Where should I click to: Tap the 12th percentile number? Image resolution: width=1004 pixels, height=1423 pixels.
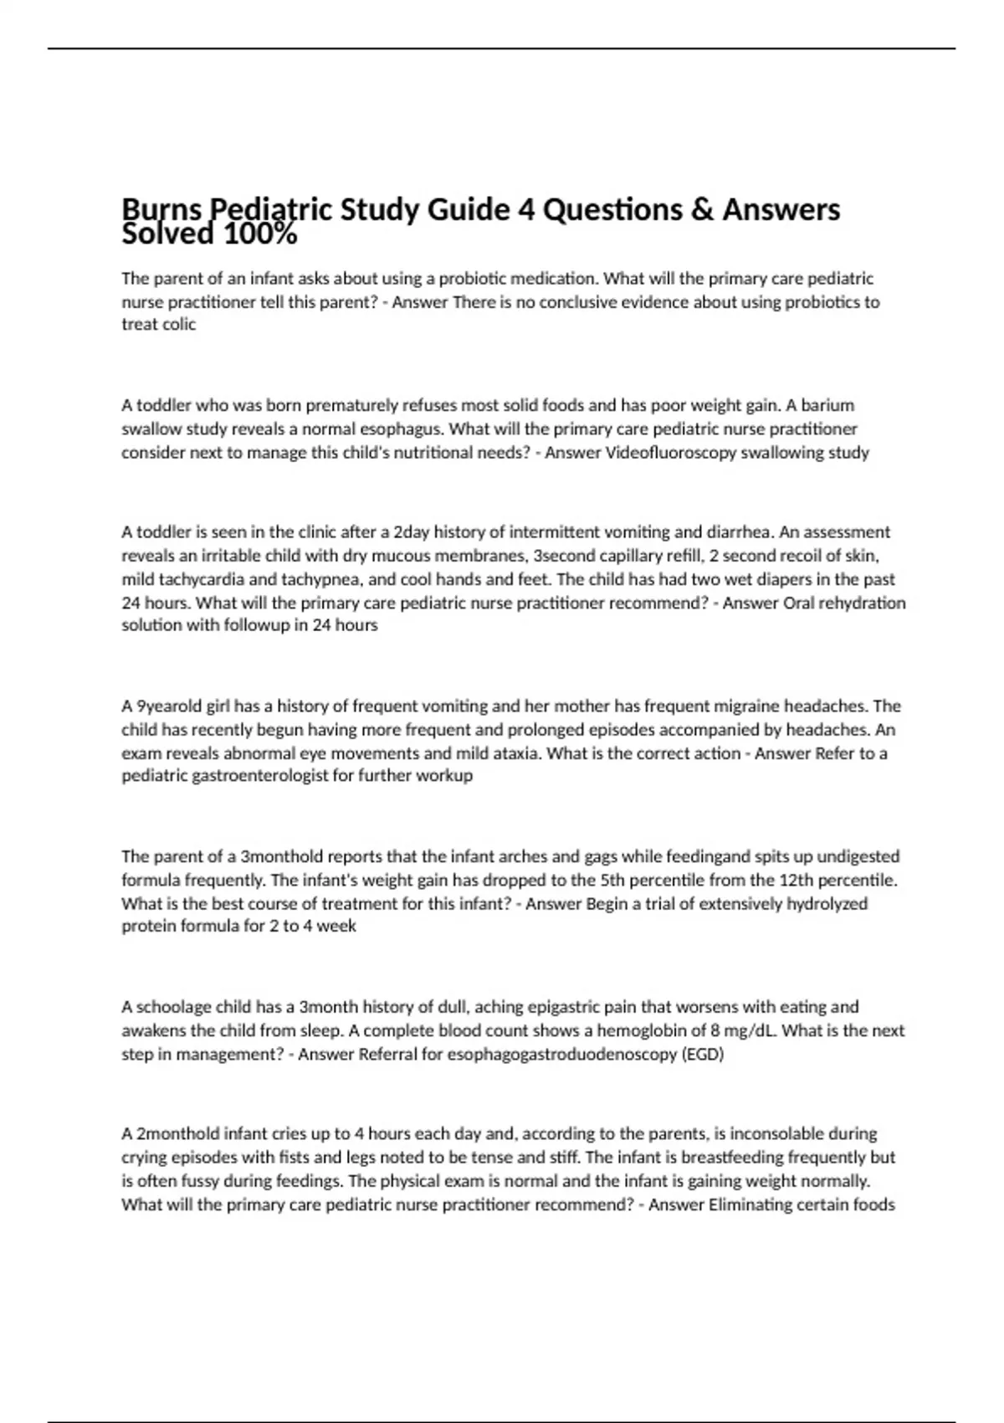tap(774, 881)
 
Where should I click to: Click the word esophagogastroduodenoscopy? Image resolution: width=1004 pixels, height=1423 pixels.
tap(563, 1055)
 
